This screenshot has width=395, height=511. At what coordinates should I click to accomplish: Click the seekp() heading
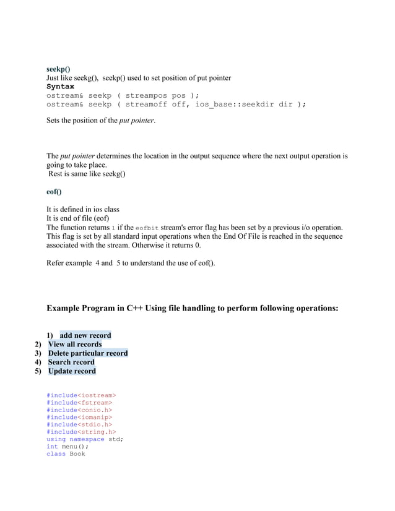(58, 69)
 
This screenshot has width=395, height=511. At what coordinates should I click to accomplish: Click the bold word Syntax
(60, 87)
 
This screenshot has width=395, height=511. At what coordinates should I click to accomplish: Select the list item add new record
(85, 336)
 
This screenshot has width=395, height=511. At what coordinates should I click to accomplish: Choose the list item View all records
(75, 345)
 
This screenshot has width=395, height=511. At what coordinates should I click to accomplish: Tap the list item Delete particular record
(88, 353)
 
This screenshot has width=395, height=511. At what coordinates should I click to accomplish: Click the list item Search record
(71, 363)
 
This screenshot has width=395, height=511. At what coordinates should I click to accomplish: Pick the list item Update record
(72, 371)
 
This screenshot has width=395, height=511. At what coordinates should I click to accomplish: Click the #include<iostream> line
(81, 395)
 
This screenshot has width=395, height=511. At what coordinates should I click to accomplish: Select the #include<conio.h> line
(79, 410)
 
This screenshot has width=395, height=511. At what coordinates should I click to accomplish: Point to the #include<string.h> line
(81, 432)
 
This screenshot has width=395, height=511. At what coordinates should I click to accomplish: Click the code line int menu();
(67, 447)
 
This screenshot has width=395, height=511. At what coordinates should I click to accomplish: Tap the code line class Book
(66, 454)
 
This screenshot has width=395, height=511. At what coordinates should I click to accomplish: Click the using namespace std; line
(85, 439)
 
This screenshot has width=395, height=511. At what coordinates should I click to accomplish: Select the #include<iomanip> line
(79, 417)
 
